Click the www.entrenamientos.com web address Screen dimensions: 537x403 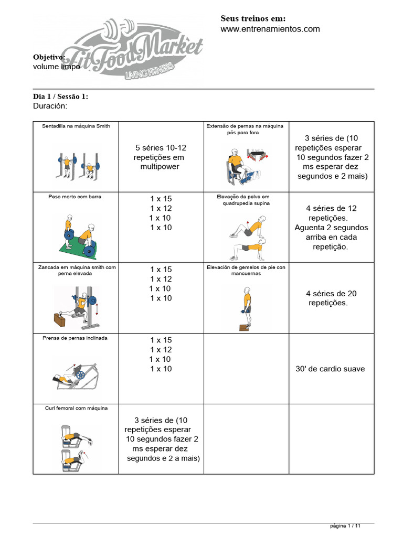tap(270, 29)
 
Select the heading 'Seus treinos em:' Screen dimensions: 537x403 tap(253, 18)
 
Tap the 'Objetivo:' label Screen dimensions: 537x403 tap(49, 57)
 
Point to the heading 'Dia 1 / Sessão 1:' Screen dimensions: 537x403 tap(61, 96)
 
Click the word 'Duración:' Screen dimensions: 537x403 tap(50, 106)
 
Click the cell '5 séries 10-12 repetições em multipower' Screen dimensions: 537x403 tap(160, 157)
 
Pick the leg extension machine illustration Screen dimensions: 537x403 tap(246, 165)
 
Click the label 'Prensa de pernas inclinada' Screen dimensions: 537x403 tap(75, 338)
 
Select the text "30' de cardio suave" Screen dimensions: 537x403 tap(331, 369)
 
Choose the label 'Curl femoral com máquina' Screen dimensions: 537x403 tap(76, 408)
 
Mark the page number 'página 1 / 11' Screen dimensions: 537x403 tap(345, 525)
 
